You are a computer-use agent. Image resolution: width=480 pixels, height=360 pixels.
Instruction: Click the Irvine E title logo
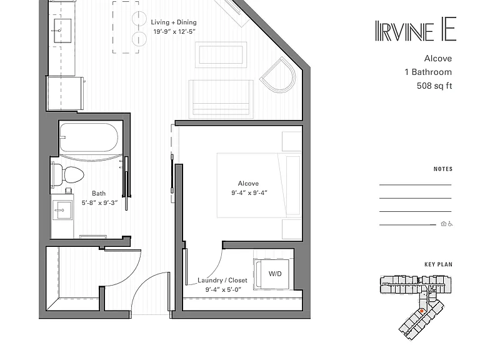[416, 29]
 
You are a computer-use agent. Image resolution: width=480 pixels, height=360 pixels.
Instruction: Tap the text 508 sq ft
[434, 86]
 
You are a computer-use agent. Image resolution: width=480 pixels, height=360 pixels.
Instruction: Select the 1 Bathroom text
[428, 72]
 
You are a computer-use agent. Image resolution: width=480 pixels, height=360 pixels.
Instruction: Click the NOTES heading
[443, 169]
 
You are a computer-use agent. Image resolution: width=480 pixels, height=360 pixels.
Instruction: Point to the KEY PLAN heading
[438, 264]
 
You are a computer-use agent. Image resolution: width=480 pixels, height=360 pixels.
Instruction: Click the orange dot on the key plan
[421, 311]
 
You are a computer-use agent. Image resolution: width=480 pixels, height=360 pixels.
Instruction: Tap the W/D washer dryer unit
[271, 274]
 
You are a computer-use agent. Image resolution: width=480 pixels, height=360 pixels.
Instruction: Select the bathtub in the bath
[89, 137]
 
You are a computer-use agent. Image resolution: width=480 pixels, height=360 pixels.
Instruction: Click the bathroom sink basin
[62, 210]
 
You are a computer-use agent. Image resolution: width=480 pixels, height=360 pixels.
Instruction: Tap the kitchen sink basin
[62, 31]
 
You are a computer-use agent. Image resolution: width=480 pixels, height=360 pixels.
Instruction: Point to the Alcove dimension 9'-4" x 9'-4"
[249, 193]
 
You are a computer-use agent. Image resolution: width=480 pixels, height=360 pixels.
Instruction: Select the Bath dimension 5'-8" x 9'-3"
[99, 202]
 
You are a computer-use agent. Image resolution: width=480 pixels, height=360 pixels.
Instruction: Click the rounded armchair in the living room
[278, 75]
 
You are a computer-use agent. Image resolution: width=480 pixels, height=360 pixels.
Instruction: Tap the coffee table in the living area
[221, 55]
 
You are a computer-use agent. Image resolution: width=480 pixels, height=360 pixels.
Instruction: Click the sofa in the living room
[221, 99]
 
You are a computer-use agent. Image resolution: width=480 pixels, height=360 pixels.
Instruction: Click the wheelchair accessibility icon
[450, 224]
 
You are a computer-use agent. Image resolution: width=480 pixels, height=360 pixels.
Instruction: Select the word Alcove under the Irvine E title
[438, 59]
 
